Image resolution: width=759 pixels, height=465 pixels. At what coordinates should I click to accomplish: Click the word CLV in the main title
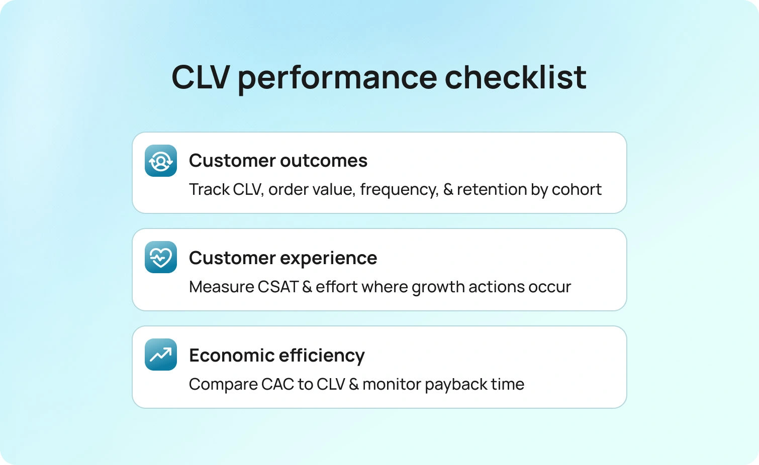pos(201,77)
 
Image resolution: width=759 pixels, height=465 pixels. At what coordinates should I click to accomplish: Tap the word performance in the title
pos(337,79)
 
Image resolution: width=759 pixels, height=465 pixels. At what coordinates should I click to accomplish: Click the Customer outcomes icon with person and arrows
pos(161,161)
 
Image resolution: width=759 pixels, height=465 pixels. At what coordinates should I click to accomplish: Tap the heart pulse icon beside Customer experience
pos(161,257)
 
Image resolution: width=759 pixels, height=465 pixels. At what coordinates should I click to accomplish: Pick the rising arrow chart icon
pos(161,355)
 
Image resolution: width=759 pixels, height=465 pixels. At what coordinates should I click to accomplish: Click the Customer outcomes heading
pos(278,160)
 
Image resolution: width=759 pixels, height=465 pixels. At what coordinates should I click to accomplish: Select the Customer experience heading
pos(283,259)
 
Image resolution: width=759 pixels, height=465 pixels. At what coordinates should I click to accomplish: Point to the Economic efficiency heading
pos(277,356)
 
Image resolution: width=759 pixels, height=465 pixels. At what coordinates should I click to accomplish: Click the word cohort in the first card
pos(577,189)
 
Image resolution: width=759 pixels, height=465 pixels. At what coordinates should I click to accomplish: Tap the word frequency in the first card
pos(399,190)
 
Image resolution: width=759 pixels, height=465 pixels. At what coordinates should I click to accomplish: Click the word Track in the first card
pos(210,189)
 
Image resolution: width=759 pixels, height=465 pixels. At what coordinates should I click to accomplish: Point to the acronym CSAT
pos(278,287)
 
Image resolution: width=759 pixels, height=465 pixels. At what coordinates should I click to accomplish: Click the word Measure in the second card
pos(222,287)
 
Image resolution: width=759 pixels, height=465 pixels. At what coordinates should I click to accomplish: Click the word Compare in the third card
pos(223,385)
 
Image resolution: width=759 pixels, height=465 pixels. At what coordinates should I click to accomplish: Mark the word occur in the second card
pos(549,287)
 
